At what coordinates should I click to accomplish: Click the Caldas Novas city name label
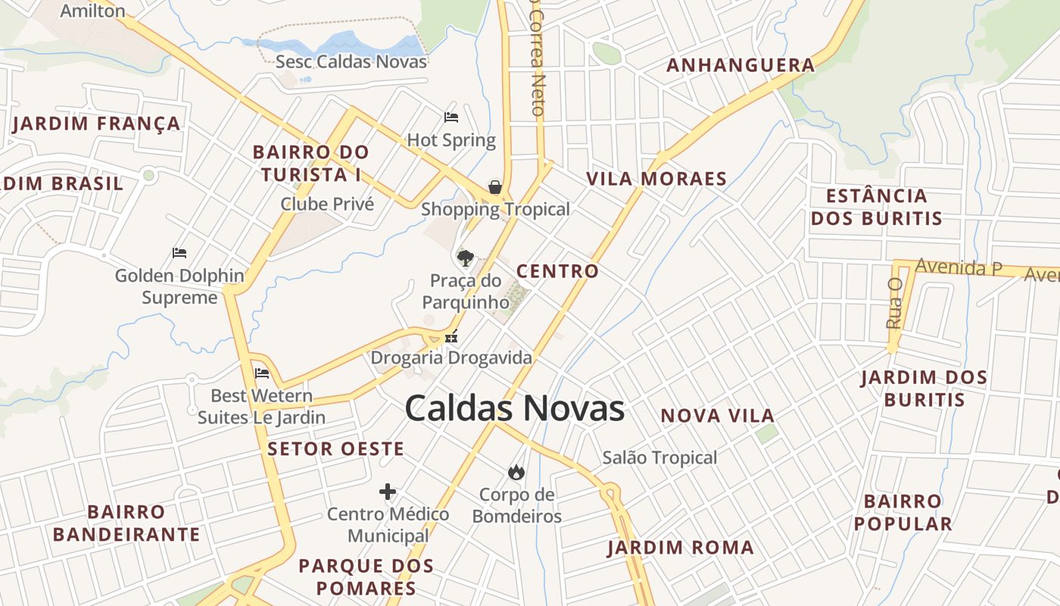pos(514,408)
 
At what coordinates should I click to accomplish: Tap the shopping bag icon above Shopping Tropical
pos(495,186)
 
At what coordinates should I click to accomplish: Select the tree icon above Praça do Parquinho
pos(466,258)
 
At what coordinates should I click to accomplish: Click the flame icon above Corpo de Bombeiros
pos(516,473)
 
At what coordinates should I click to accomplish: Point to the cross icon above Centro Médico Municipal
pos(388,492)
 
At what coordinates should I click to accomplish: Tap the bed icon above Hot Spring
pos(451,117)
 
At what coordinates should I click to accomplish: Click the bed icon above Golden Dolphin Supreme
pos(179,252)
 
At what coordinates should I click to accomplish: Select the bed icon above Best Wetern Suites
pos(262,373)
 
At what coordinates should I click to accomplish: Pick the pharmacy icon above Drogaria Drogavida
pos(452,337)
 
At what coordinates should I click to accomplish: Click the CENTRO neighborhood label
pos(557,271)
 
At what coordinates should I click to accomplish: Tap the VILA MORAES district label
pos(656,180)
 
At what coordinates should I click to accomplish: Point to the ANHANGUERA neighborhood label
pos(740,66)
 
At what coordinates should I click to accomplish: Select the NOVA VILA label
pos(718,416)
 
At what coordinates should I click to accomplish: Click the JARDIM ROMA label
pos(681,548)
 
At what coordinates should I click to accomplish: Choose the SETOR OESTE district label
pos(335,448)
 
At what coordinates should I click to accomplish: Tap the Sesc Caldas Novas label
pos(351,61)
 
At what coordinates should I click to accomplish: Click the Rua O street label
pos(895,303)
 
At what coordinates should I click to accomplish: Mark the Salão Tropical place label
pos(659,458)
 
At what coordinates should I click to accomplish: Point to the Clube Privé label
pos(327,204)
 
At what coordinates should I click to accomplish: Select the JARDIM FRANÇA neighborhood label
pos(96,123)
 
